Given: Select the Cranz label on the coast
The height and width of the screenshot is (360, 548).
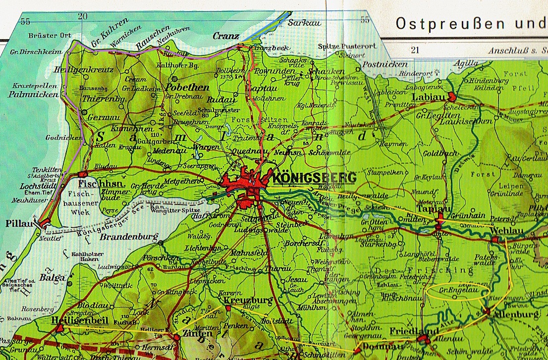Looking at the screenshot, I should tap(225, 36).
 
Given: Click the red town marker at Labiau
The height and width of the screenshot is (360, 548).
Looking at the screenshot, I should tap(451, 97).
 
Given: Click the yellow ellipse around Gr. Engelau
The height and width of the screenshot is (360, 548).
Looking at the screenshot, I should tap(458, 292).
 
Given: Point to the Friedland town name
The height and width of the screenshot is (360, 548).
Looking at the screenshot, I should tap(407, 331).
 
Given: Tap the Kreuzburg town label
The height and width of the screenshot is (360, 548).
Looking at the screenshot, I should tap(241, 301).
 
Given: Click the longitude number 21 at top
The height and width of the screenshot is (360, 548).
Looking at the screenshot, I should tap(415, 50).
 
